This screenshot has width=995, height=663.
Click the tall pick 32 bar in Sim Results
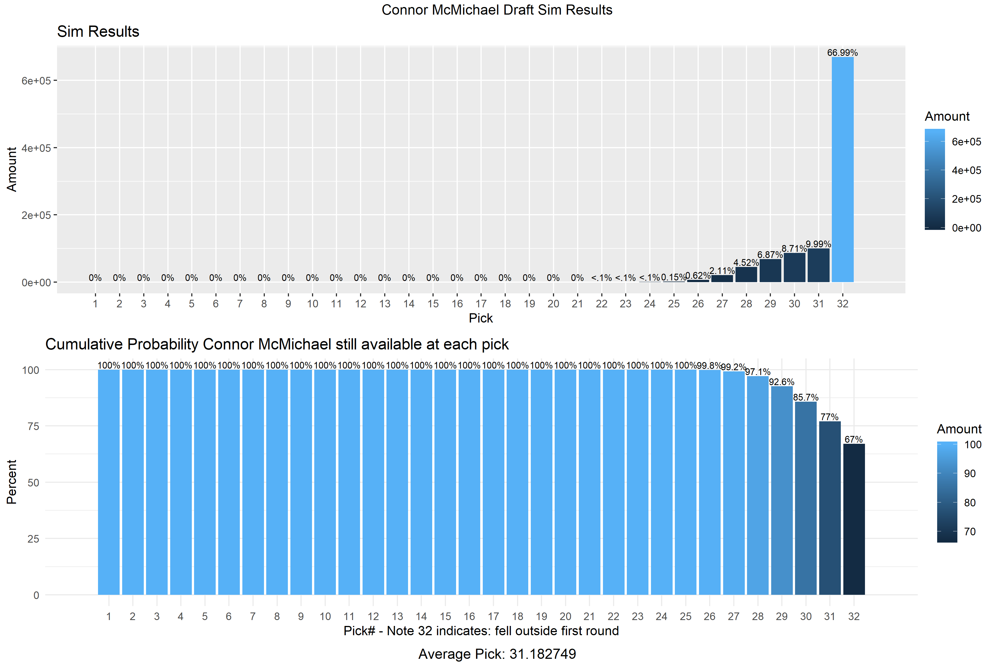click(842, 169)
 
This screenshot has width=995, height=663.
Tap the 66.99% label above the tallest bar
click(842, 53)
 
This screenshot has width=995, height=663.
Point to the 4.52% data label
click(746, 262)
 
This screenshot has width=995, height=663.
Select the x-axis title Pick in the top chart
click(481, 318)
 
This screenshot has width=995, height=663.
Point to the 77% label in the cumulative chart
click(829, 417)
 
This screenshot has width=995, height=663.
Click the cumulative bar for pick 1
click(109, 482)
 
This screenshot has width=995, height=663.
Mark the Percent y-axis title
click(12, 482)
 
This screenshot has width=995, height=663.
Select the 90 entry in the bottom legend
click(970, 474)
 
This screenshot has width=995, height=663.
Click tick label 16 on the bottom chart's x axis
click(469, 616)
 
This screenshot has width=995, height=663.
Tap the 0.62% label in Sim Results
click(698, 276)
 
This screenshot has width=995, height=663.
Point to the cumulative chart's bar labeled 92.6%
click(781, 490)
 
